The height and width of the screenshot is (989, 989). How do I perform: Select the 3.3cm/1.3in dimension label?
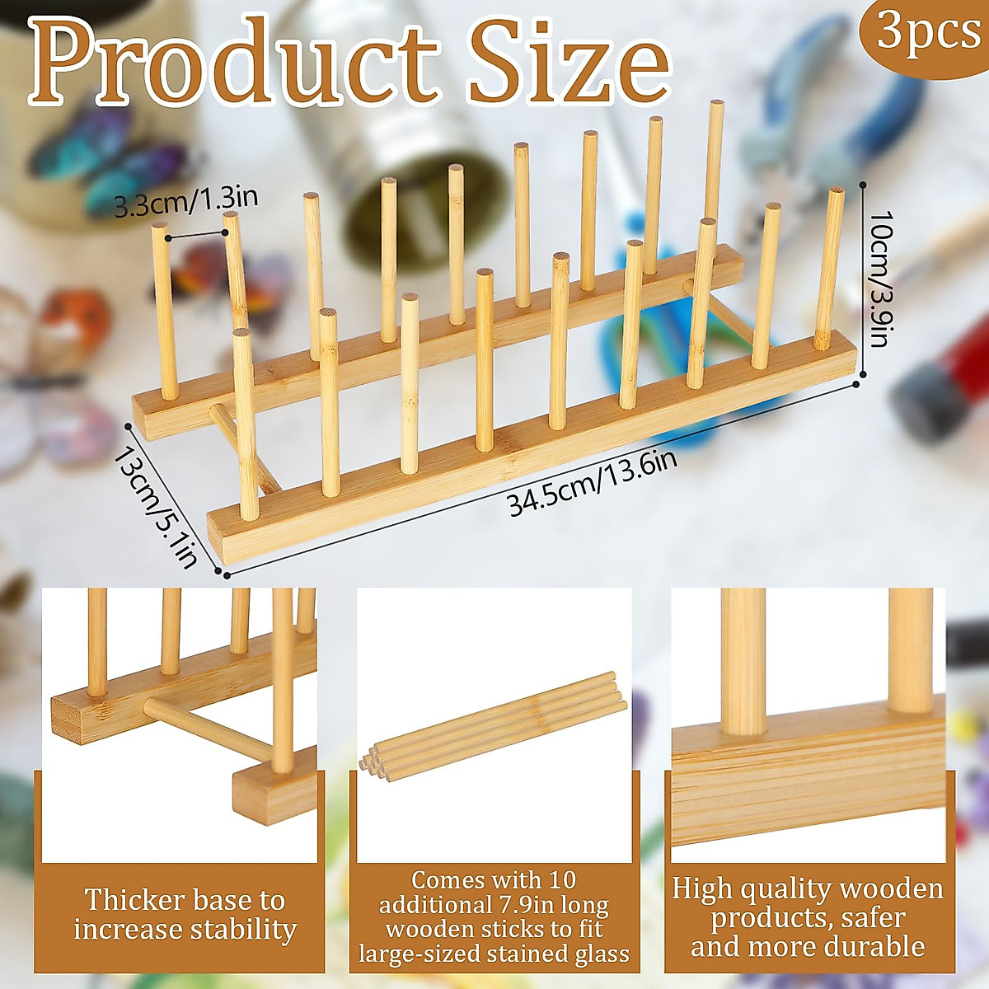point(186,203)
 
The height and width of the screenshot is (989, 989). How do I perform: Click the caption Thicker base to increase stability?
point(185,914)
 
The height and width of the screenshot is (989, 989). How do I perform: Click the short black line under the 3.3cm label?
point(196,235)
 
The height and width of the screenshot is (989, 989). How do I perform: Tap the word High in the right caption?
point(701,888)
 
